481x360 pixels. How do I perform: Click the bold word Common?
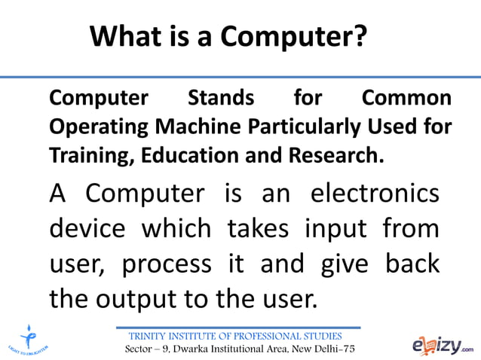point(407,99)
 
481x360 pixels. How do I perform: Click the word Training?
point(81,156)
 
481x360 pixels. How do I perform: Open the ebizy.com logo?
point(442,345)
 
